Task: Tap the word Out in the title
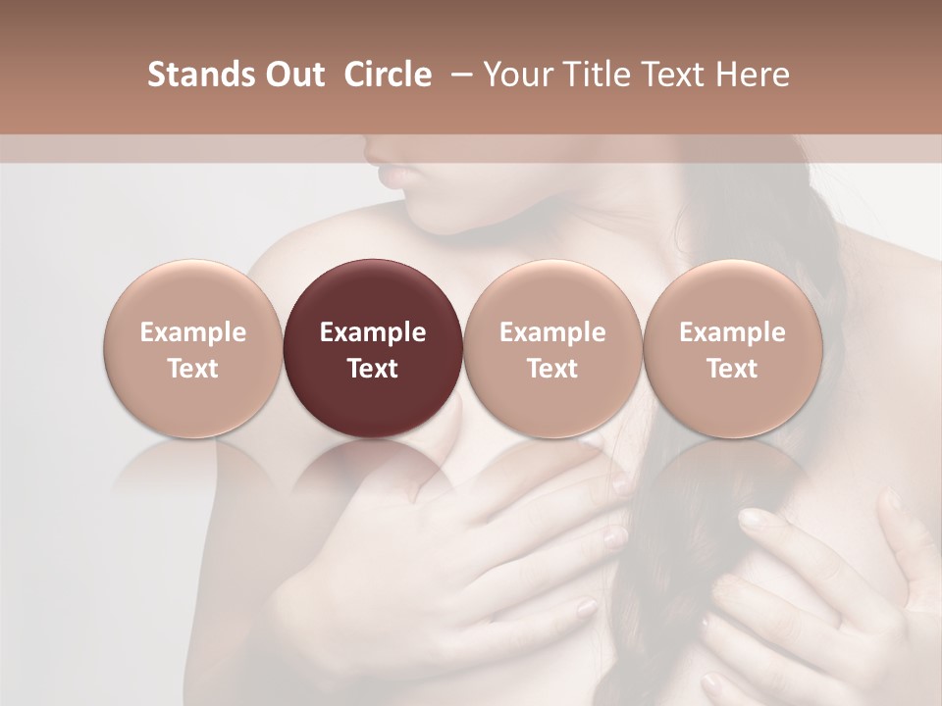pos(291,76)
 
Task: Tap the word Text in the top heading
pos(668,76)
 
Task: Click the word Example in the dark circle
pos(373,333)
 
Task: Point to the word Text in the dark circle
pos(373,369)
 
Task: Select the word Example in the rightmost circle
pos(732,333)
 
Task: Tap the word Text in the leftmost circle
pos(193,369)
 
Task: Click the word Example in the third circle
pos(552,333)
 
